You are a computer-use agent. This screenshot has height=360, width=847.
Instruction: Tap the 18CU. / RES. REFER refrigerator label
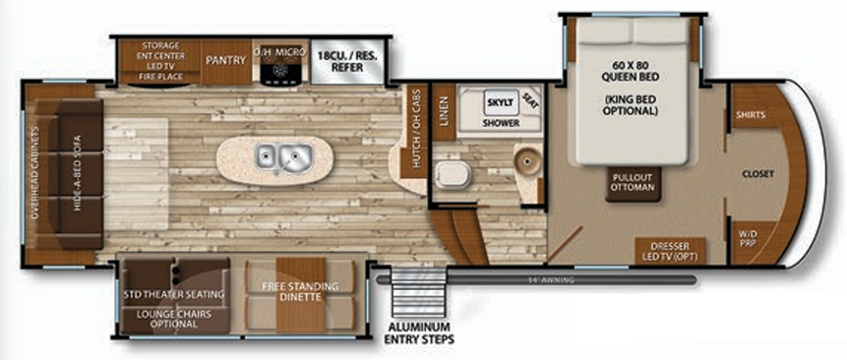pos(348,58)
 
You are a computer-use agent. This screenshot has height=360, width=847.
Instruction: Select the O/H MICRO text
pos(280,50)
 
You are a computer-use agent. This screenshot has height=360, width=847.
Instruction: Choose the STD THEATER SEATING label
pos(174,293)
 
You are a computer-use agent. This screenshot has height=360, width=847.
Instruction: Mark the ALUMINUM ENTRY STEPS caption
pos(418,332)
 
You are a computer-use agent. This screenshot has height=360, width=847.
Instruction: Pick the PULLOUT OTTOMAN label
pos(633,182)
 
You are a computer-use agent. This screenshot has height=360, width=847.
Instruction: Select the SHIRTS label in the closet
pos(750,115)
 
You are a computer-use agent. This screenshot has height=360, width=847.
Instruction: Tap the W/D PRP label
pos(748,237)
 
